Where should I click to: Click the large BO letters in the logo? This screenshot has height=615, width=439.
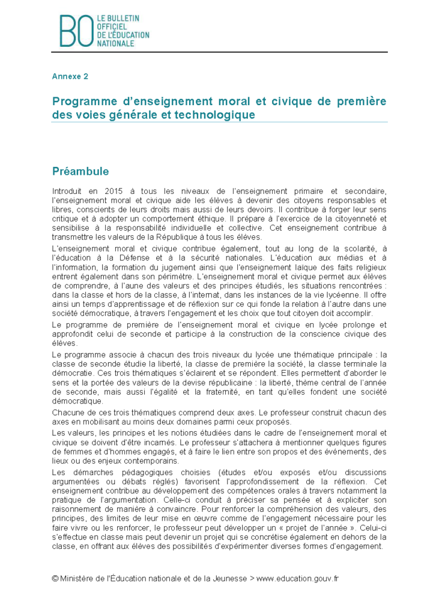[76, 31]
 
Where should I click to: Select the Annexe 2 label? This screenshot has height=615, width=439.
[70, 76]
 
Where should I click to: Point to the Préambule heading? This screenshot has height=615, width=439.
[80, 171]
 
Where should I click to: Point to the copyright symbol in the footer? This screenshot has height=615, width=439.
[55, 579]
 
